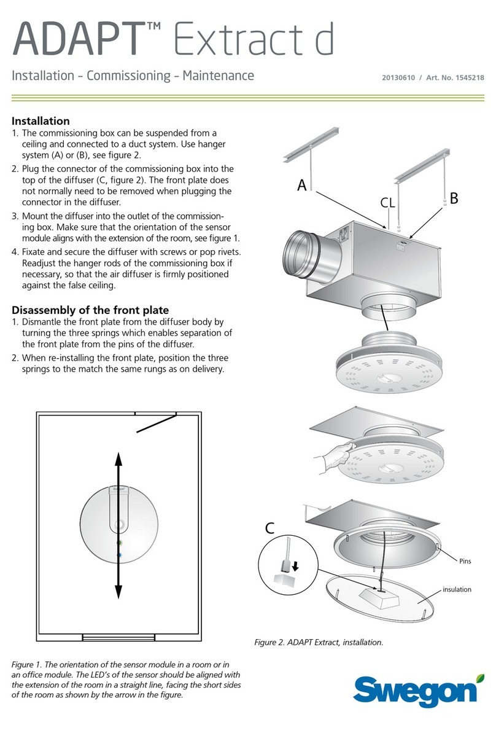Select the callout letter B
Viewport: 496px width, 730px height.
(x=454, y=198)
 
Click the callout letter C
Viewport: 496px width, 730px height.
(x=273, y=527)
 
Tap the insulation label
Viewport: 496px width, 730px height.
(x=457, y=589)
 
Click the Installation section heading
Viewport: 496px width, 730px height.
(x=41, y=121)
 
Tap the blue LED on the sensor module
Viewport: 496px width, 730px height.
(x=120, y=555)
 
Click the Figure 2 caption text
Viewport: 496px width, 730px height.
(x=319, y=643)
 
